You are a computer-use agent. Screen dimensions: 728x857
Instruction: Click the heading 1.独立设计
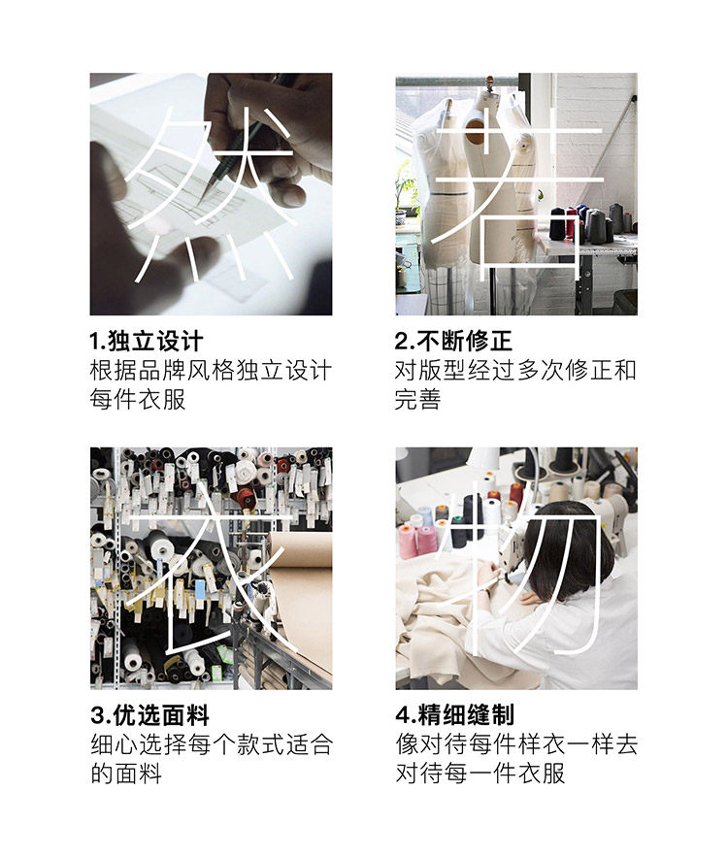click(x=146, y=341)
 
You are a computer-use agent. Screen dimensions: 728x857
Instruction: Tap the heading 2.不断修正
click(x=453, y=341)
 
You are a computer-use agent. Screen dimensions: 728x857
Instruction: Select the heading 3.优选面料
click(x=149, y=715)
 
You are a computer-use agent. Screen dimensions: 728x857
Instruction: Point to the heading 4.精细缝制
click(x=454, y=715)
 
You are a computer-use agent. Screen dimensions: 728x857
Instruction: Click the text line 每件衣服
click(x=138, y=399)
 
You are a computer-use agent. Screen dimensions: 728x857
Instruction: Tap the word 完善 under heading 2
click(x=418, y=399)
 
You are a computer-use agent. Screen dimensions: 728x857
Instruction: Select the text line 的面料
click(x=126, y=774)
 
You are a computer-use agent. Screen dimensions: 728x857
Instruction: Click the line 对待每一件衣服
click(x=480, y=774)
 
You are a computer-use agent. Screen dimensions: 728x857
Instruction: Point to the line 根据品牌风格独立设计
click(x=211, y=371)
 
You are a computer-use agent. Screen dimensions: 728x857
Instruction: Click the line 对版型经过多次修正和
click(x=515, y=371)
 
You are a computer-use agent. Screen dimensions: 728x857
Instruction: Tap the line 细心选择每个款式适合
click(x=212, y=744)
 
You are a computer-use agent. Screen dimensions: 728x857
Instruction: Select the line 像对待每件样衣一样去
click(x=516, y=744)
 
